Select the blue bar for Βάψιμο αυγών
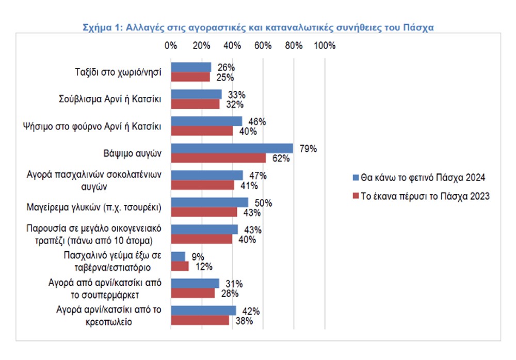tap(232, 149)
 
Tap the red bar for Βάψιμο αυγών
tap(218, 158)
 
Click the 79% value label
tap(308, 149)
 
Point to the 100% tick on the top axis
tap(324, 45)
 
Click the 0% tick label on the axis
tap(171, 45)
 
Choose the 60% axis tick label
tap(263, 45)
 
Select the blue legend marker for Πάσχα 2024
tap(355, 178)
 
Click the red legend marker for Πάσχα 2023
tap(355, 196)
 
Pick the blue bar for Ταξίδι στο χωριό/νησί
tap(191, 68)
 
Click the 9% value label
tap(198, 257)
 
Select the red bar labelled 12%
tap(180, 266)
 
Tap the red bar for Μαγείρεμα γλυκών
tap(204, 212)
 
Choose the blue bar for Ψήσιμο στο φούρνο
tap(206, 121)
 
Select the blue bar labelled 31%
tap(195, 284)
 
